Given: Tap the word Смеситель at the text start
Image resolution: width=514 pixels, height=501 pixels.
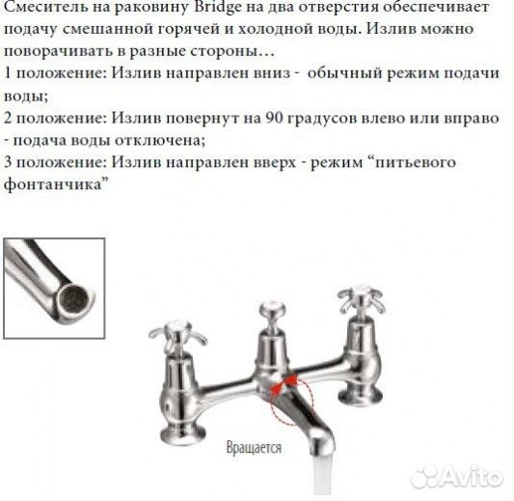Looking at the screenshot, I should (45, 9).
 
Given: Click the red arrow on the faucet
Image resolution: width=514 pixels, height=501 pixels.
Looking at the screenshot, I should (285, 383).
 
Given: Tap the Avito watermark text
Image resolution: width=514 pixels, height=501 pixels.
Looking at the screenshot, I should (466, 477).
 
